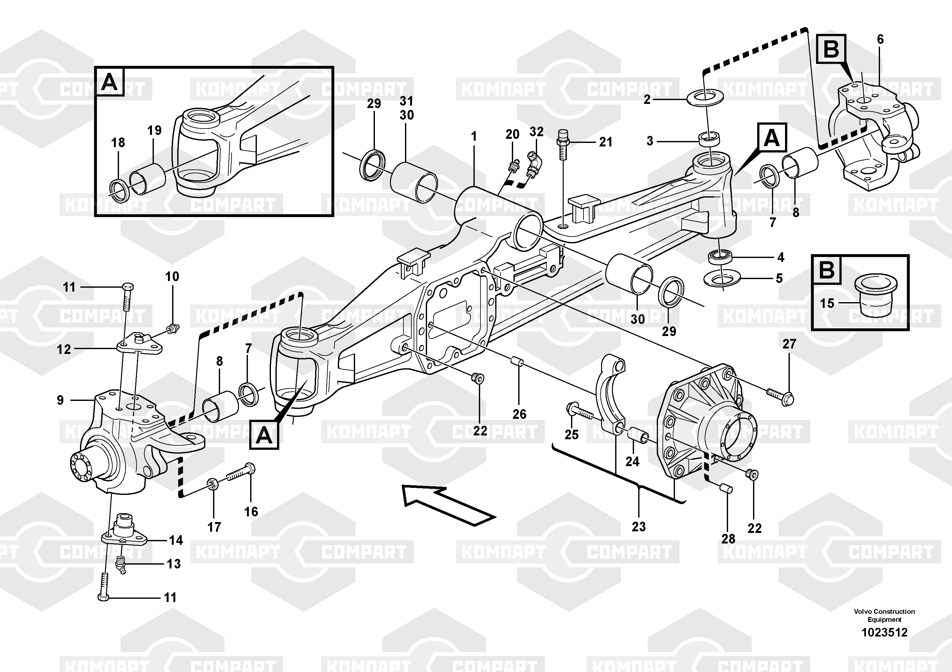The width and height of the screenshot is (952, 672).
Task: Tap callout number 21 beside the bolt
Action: [606, 142]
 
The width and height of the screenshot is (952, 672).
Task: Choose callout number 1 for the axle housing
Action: [473, 136]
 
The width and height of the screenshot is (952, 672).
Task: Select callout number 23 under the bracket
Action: [639, 527]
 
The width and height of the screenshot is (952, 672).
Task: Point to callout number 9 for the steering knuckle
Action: [60, 400]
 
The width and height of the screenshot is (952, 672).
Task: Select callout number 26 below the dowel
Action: [519, 414]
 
